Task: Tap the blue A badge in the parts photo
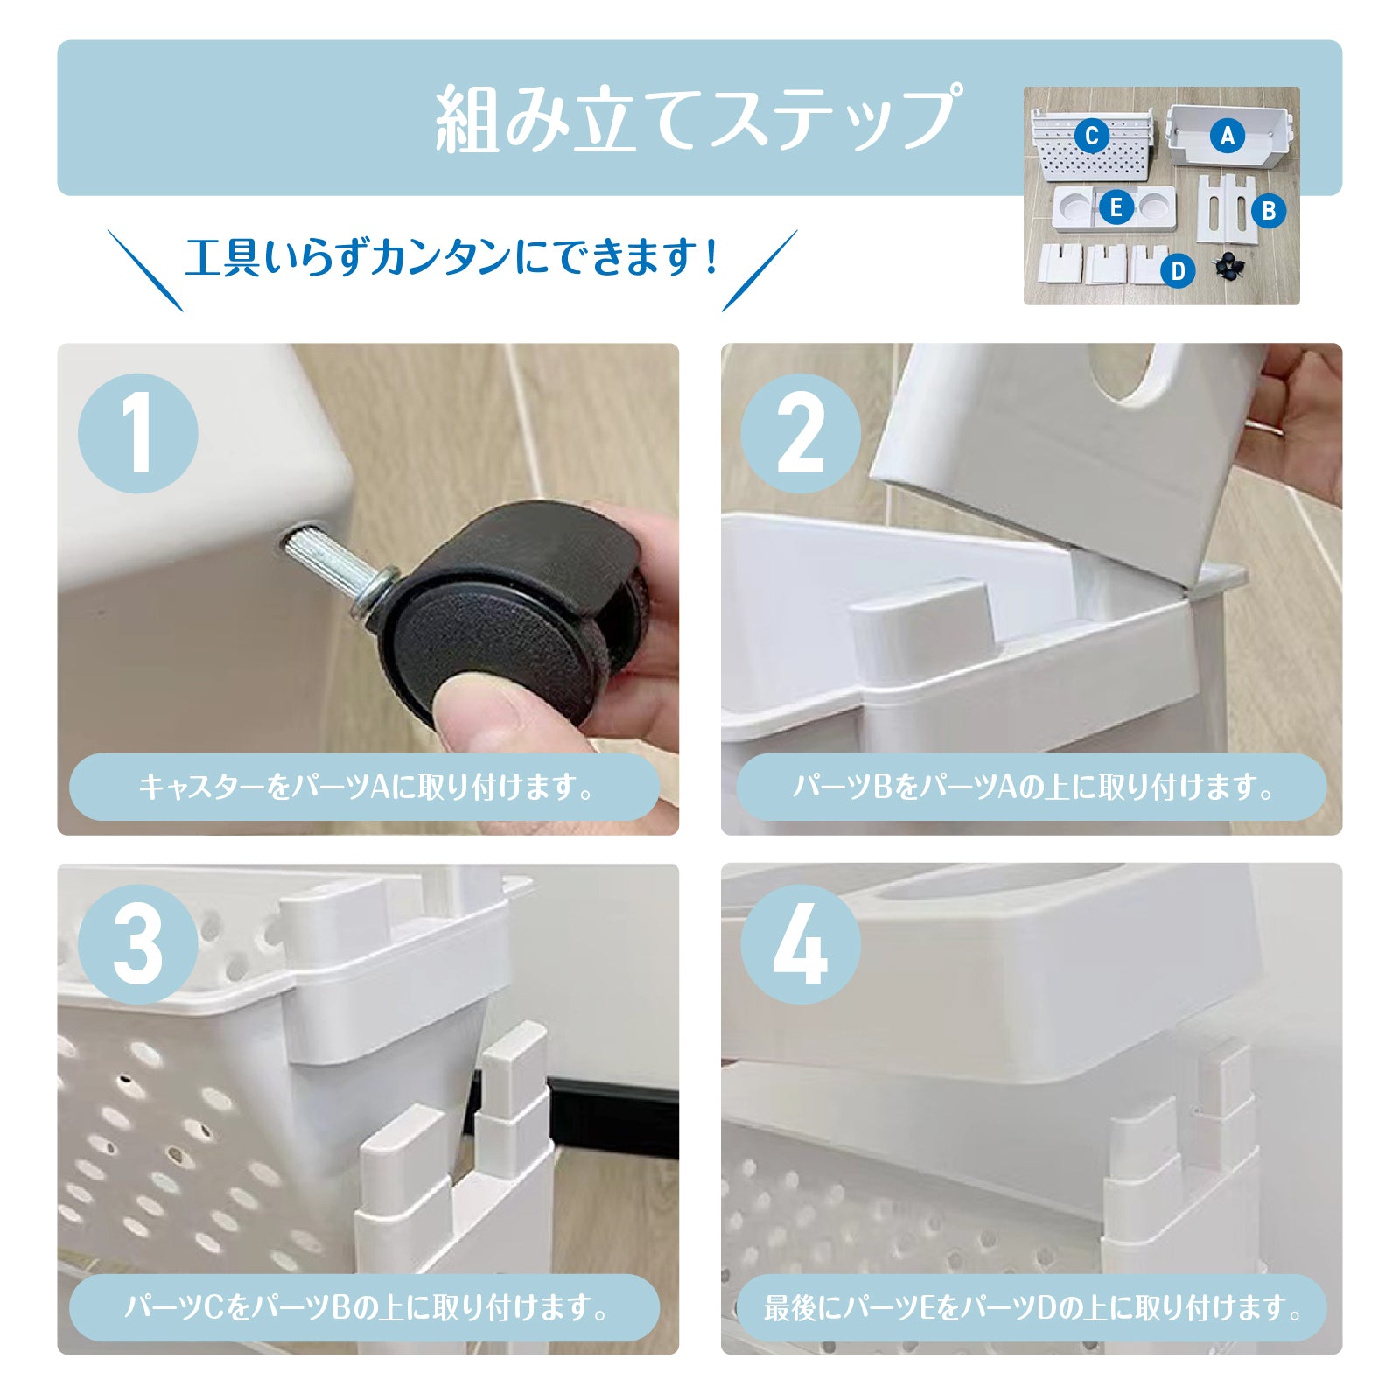(x=1227, y=136)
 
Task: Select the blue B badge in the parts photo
(x=1268, y=211)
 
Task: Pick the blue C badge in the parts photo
(x=1091, y=136)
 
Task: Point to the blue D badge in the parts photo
(x=1178, y=271)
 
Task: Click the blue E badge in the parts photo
(x=1116, y=208)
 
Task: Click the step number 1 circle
(x=138, y=433)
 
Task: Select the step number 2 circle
(x=801, y=433)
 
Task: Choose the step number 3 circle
(x=138, y=944)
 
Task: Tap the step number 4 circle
(x=801, y=944)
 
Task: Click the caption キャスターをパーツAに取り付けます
(x=366, y=787)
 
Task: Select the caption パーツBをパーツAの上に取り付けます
(x=1032, y=787)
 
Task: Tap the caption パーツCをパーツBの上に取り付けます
(x=366, y=1308)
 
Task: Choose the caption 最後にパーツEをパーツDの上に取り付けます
(x=1032, y=1308)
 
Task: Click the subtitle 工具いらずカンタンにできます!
(x=451, y=258)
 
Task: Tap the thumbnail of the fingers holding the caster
(x=367, y=589)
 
